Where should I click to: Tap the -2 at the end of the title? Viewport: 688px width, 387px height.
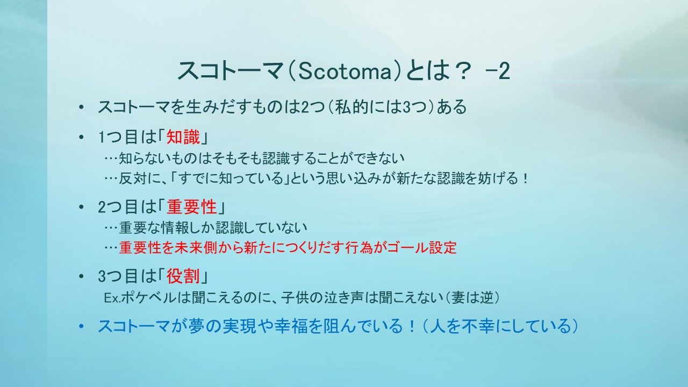(498, 71)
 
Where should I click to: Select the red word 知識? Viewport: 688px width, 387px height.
(183, 137)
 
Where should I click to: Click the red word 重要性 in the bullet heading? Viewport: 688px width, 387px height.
(192, 207)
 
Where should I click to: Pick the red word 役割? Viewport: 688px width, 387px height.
(183, 276)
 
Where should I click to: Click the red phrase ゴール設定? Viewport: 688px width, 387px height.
(422, 248)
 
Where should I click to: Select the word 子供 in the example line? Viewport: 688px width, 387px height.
(295, 298)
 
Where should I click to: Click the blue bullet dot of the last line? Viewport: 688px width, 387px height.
(81, 326)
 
